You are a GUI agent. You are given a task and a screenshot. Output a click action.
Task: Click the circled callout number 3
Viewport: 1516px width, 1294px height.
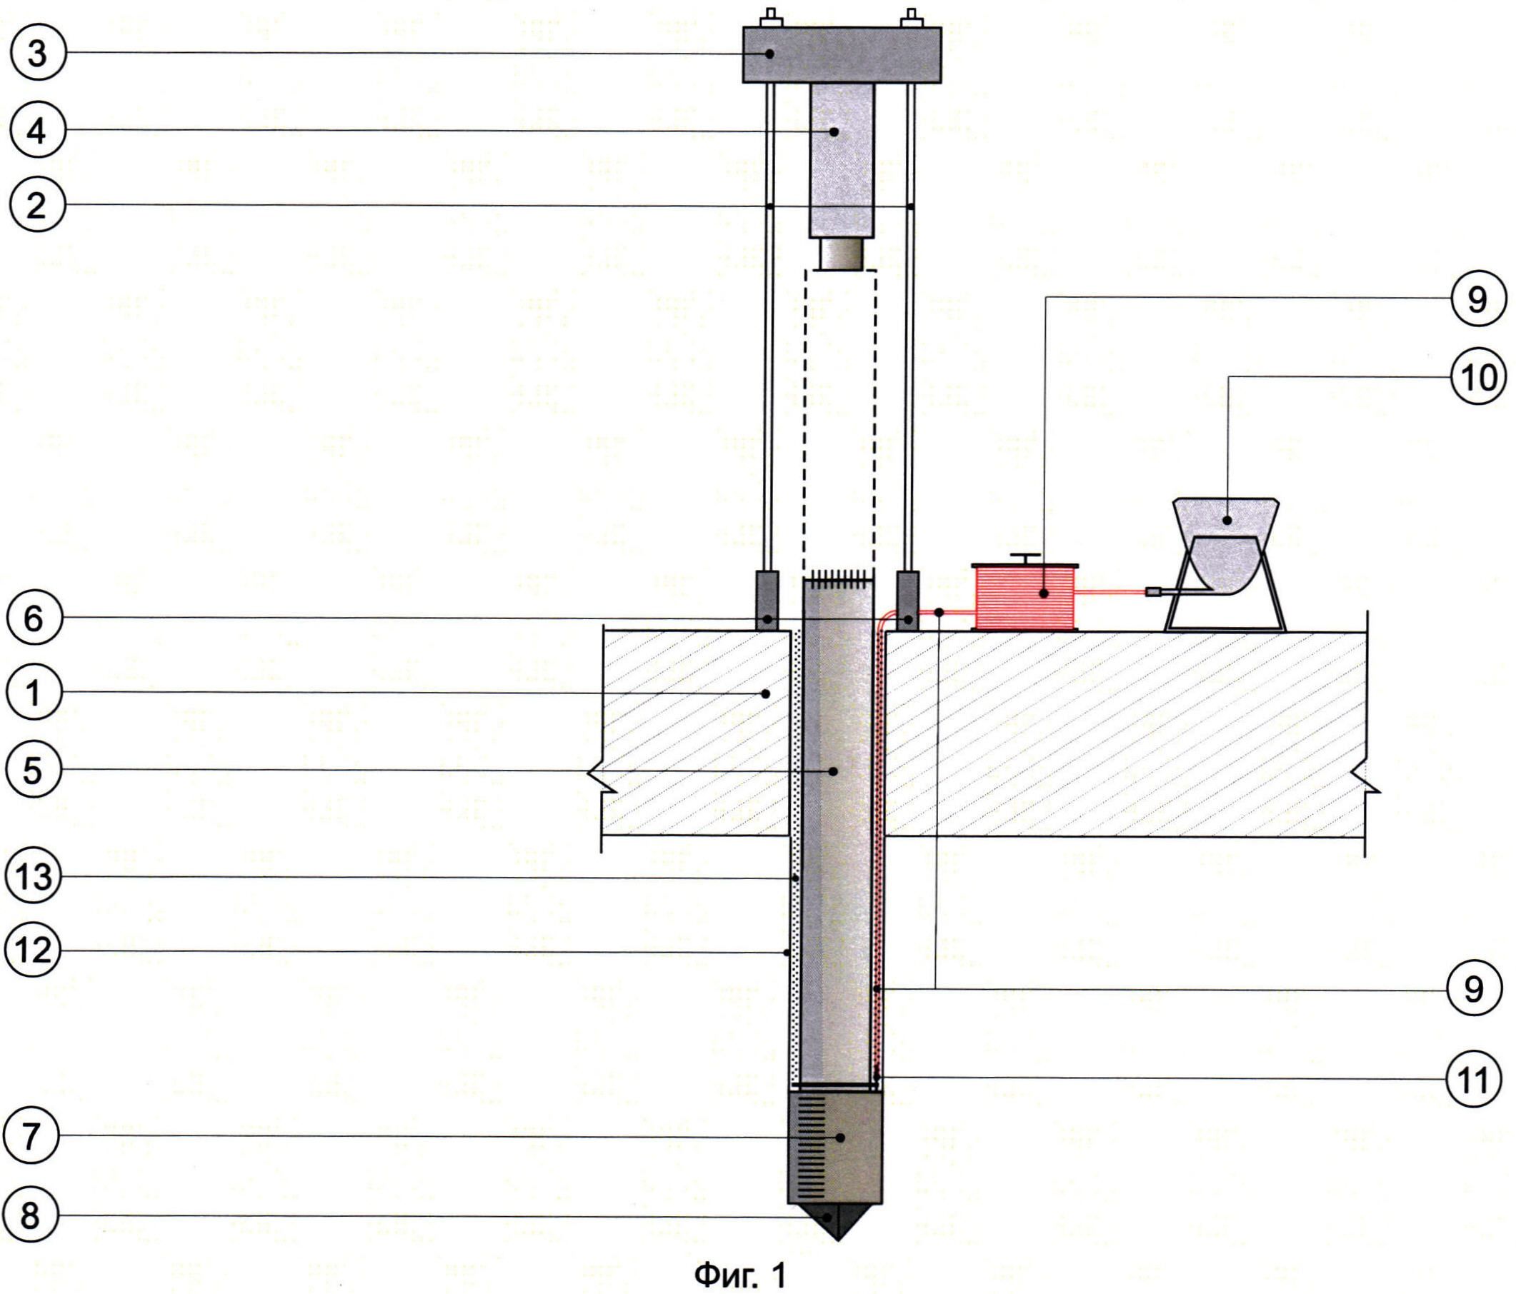36,54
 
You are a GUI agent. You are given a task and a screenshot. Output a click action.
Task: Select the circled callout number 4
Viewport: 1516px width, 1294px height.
38,131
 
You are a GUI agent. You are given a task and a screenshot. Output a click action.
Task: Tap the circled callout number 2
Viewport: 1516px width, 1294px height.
37,206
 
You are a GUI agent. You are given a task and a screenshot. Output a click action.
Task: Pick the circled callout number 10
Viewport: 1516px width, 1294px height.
1479,378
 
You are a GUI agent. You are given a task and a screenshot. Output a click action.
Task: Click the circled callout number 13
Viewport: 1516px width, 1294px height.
34,876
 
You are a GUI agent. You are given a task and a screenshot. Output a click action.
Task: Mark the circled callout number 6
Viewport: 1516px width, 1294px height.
34,618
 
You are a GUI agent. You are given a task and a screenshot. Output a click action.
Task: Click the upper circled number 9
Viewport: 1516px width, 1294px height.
1477,299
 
